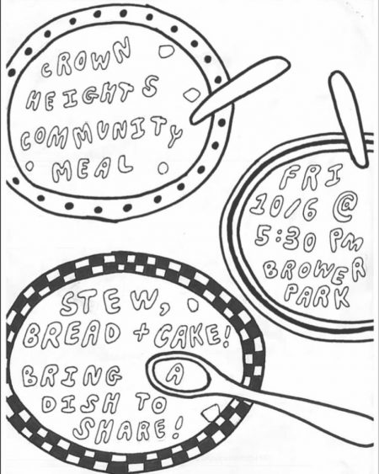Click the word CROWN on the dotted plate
(x=86, y=59)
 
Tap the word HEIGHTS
(x=93, y=93)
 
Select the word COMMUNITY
(x=101, y=133)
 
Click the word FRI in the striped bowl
(x=312, y=176)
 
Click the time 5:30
(x=286, y=238)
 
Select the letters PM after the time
(x=345, y=241)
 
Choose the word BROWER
(x=315, y=271)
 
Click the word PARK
(x=317, y=295)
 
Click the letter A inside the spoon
(x=175, y=374)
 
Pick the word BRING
(x=72, y=375)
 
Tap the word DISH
(x=81, y=403)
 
